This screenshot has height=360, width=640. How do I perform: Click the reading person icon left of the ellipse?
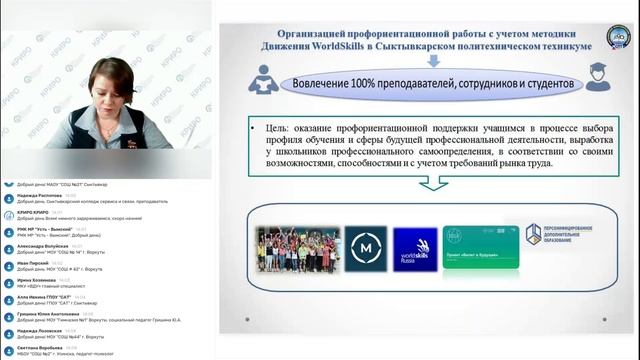pos(264,80)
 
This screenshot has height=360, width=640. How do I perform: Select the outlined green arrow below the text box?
pos(433,182)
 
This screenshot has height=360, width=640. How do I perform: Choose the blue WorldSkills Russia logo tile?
pos(414,250)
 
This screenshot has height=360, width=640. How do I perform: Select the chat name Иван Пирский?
pos(30,262)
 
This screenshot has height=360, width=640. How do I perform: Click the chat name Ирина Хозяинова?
pos(36,280)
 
